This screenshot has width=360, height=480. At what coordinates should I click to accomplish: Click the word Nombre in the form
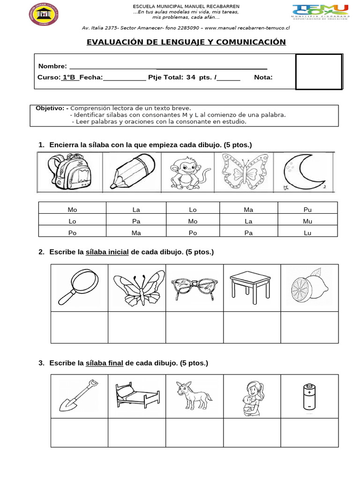(x=52, y=66)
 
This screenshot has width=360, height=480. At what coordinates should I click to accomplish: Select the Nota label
(x=263, y=77)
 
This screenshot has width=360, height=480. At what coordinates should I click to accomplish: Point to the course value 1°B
(x=69, y=77)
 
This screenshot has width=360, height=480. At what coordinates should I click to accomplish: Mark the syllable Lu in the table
(x=307, y=232)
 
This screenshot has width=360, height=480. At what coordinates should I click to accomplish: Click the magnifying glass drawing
(x=78, y=286)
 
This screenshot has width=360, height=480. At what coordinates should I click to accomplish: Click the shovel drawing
(x=79, y=396)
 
